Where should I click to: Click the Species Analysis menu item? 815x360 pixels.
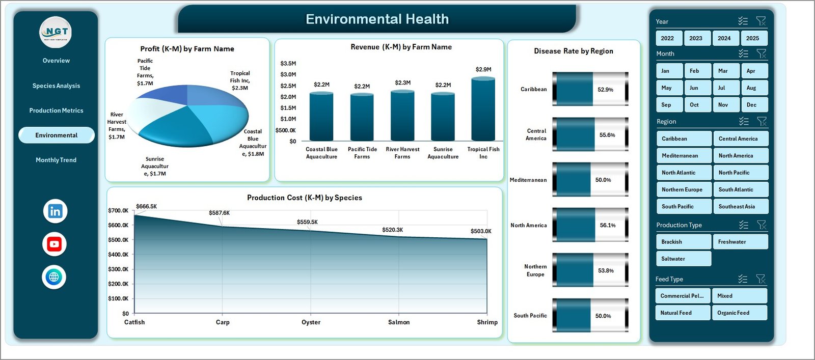point(56,86)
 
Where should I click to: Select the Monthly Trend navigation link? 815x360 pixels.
point(56,160)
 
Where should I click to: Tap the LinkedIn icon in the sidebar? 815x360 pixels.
point(55,211)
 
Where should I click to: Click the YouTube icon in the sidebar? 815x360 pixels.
point(55,244)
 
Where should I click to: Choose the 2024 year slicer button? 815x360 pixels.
point(724,38)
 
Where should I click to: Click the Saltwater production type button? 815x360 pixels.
point(683,259)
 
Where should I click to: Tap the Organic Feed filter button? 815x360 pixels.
point(739,313)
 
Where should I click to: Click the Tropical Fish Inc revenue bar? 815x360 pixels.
point(483,109)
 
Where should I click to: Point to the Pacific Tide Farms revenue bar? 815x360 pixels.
point(362,117)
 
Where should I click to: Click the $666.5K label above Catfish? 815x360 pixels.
point(147,206)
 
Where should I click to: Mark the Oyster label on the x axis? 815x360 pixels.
point(311,322)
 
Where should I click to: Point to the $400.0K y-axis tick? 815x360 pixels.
point(118,255)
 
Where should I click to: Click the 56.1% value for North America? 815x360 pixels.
point(608,225)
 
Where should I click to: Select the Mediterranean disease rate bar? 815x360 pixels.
point(590,180)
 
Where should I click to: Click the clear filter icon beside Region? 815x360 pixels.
point(762,121)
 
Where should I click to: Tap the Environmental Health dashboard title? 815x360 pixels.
point(377,19)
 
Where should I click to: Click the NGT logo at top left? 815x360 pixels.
point(56,32)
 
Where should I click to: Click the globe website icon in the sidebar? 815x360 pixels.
point(54,277)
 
